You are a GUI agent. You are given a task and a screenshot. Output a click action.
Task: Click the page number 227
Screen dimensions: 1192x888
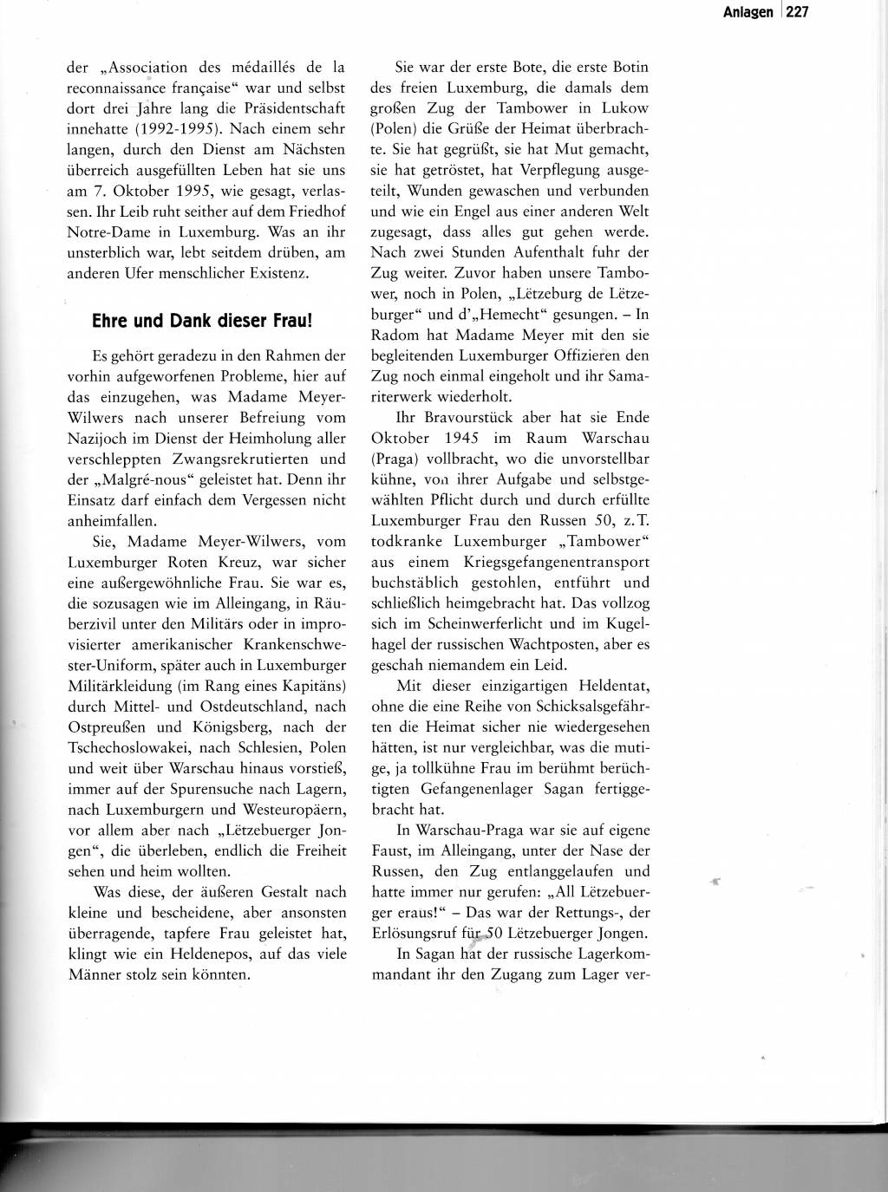pyautogui.click(x=797, y=12)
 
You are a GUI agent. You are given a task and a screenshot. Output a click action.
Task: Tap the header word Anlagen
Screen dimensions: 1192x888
pyautogui.click(x=748, y=12)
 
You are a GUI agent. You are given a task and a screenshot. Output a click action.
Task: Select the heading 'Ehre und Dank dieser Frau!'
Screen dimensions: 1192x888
pyautogui.click(x=201, y=320)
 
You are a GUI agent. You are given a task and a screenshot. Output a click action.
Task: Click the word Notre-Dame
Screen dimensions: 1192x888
pyautogui.click(x=104, y=232)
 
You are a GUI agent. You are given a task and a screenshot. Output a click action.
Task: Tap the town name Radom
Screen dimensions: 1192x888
pyautogui.click(x=395, y=335)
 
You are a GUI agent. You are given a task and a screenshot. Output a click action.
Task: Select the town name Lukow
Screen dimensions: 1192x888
pyautogui.click(x=624, y=108)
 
